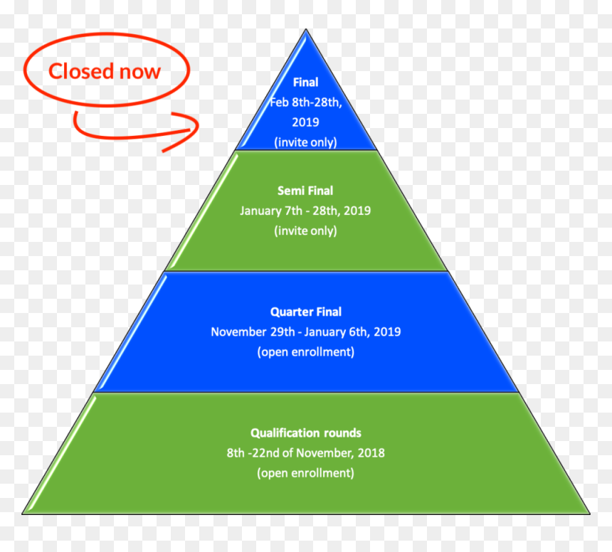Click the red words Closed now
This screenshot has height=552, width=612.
coord(104,71)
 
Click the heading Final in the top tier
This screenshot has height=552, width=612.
coord(305,83)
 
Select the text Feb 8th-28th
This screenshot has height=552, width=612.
coord(306,102)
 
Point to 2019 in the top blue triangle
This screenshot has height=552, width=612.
coord(305,122)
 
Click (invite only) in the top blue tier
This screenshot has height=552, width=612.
coord(305,142)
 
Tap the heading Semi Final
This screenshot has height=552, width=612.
coord(305,191)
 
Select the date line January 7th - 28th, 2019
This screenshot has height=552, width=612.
coord(305,211)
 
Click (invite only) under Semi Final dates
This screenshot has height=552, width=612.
coord(305,230)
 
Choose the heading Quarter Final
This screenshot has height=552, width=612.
coord(306,312)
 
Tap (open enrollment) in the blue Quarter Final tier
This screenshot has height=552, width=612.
coord(306,352)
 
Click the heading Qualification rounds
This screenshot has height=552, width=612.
coord(306,433)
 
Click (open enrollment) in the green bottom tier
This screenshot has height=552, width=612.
coord(305,473)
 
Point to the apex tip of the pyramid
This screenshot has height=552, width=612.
coord(306,29)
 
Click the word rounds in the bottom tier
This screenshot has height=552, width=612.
coord(343,433)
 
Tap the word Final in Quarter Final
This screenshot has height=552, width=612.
coord(329,312)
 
